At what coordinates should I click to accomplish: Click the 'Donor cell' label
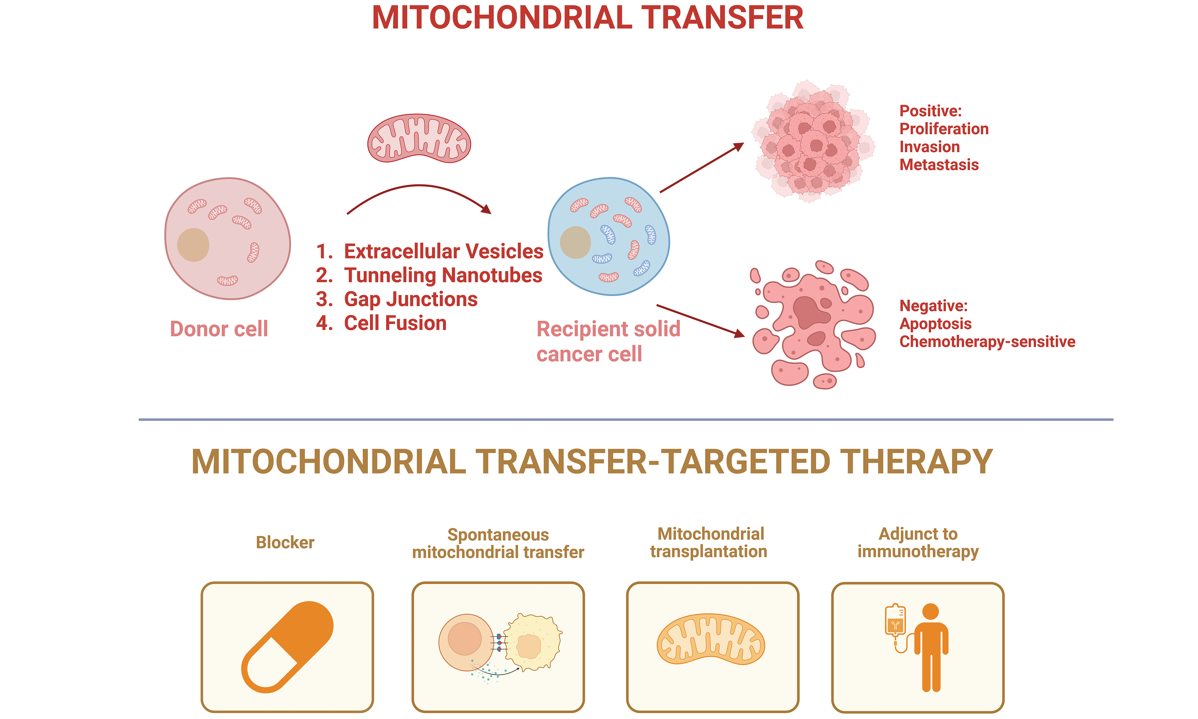tap(219, 329)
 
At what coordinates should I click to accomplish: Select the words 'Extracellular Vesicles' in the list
tap(444, 251)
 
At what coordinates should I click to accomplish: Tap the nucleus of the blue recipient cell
tap(575, 242)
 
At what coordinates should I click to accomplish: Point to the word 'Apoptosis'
tap(935, 324)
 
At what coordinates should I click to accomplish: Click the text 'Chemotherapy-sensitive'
tap(987, 342)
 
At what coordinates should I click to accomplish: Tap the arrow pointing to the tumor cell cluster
tap(702, 168)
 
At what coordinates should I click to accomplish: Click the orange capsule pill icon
tap(287, 647)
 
